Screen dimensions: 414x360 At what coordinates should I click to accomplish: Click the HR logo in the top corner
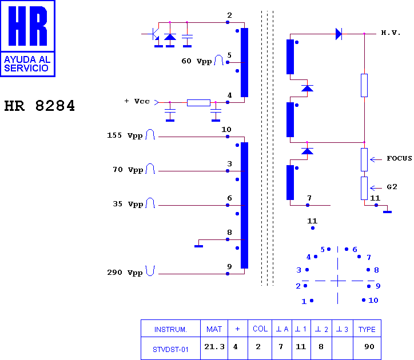click(x=27, y=38)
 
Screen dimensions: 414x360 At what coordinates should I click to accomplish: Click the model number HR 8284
click(x=39, y=106)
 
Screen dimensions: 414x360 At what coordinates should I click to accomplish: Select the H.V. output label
click(x=391, y=33)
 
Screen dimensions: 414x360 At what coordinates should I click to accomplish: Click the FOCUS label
click(x=399, y=158)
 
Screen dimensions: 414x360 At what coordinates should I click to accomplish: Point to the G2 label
click(x=392, y=187)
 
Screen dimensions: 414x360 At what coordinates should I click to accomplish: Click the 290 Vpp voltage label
click(x=125, y=273)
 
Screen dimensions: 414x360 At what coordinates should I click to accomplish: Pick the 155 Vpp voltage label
click(x=125, y=135)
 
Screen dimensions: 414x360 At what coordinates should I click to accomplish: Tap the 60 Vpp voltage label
click(x=197, y=61)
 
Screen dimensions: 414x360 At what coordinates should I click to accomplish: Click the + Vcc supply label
click(x=137, y=101)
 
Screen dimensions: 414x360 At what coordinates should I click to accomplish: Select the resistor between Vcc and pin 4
click(x=198, y=103)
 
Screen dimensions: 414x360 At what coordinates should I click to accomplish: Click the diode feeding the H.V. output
click(x=339, y=34)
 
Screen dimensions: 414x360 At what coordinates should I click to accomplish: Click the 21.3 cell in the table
click(x=214, y=346)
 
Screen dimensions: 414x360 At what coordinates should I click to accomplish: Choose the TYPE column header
click(x=367, y=329)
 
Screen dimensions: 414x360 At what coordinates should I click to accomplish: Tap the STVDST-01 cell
click(x=170, y=350)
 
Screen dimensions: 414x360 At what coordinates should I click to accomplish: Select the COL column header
click(x=260, y=329)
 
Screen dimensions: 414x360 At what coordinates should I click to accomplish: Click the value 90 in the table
click(x=369, y=346)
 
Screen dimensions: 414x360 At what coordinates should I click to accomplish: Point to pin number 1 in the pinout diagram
click(x=304, y=301)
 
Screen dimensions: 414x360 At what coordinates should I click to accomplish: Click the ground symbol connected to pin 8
click(x=199, y=246)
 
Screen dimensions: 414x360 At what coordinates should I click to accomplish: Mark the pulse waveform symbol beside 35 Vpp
click(x=150, y=203)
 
